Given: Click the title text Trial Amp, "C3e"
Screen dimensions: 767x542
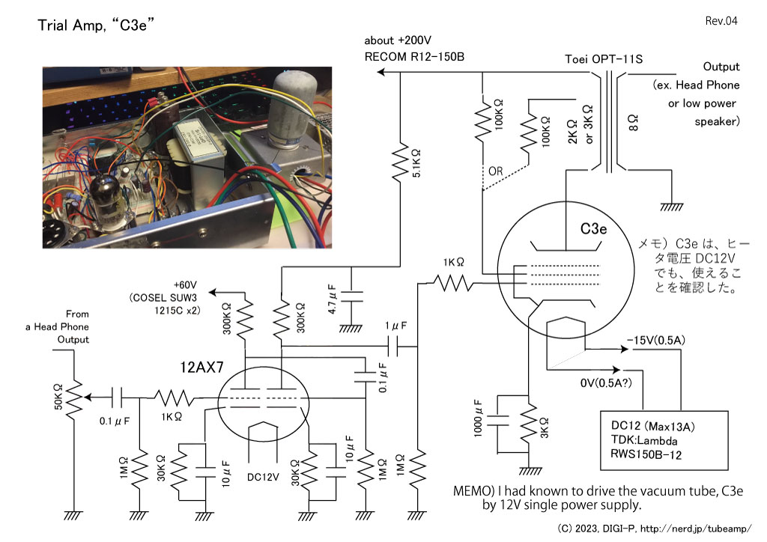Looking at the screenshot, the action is pyautogui.click(x=96, y=25).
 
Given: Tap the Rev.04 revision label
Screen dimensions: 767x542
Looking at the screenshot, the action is pyautogui.click(x=721, y=20).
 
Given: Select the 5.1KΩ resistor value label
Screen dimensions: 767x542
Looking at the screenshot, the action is pyautogui.click(x=416, y=162).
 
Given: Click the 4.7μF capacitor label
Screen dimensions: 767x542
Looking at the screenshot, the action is pyautogui.click(x=332, y=299).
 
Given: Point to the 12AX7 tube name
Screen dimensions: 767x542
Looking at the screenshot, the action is pyautogui.click(x=201, y=367).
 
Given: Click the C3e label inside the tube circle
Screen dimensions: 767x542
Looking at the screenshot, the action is pyautogui.click(x=593, y=229).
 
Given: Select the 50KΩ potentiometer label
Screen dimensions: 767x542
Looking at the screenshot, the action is pyautogui.click(x=58, y=397).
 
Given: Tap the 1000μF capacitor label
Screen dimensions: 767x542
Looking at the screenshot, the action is pyautogui.click(x=478, y=418).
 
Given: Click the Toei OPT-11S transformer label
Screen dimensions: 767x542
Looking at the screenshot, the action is pyautogui.click(x=604, y=59).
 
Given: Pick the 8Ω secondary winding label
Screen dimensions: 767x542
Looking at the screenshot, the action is pyautogui.click(x=633, y=123).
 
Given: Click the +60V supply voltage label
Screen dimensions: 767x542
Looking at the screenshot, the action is pyautogui.click(x=185, y=285).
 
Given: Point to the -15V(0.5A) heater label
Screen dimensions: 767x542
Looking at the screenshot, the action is pyautogui.click(x=655, y=340).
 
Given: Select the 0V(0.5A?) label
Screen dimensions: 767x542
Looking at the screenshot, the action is pyautogui.click(x=606, y=383).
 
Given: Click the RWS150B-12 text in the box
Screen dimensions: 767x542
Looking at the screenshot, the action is pyautogui.click(x=646, y=454).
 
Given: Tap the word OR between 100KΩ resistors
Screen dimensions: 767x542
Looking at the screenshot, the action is pyautogui.click(x=496, y=171).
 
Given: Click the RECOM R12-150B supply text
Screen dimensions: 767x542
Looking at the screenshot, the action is pyautogui.click(x=414, y=57).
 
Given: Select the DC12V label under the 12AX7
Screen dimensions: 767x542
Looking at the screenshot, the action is pyautogui.click(x=263, y=477).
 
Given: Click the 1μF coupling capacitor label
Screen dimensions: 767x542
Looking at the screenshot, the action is pyautogui.click(x=395, y=326).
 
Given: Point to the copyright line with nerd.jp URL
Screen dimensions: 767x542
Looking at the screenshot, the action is pyautogui.click(x=654, y=529).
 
